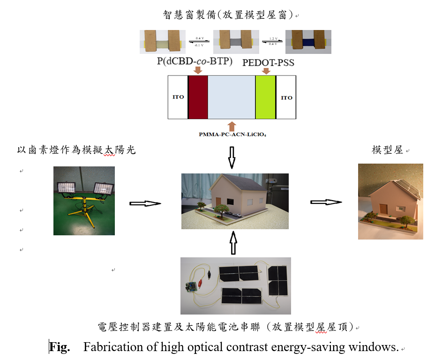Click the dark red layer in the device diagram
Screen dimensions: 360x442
coord(197,97)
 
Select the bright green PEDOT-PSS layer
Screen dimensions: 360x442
coord(265,97)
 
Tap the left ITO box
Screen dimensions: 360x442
coord(178,97)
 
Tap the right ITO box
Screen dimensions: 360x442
coord(286,97)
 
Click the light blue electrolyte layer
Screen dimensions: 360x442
coord(232,97)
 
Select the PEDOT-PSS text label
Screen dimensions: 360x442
coord(268,62)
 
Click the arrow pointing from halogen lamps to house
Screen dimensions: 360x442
coord(145,203)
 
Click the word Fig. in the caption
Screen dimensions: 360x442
coord(60,347)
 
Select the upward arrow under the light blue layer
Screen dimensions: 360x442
coord(232,125)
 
